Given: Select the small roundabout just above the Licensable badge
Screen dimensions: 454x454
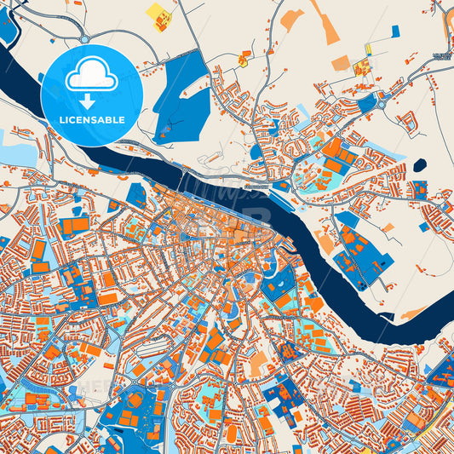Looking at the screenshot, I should pos(84,37).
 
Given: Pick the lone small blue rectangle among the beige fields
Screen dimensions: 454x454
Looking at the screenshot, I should pos(395,32).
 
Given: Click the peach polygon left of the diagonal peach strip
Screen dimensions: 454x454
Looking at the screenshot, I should pos(291,20).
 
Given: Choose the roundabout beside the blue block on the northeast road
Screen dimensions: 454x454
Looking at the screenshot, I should pos(381,99).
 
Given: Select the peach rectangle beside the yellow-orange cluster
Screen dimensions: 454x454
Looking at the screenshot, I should pos(341,62).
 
